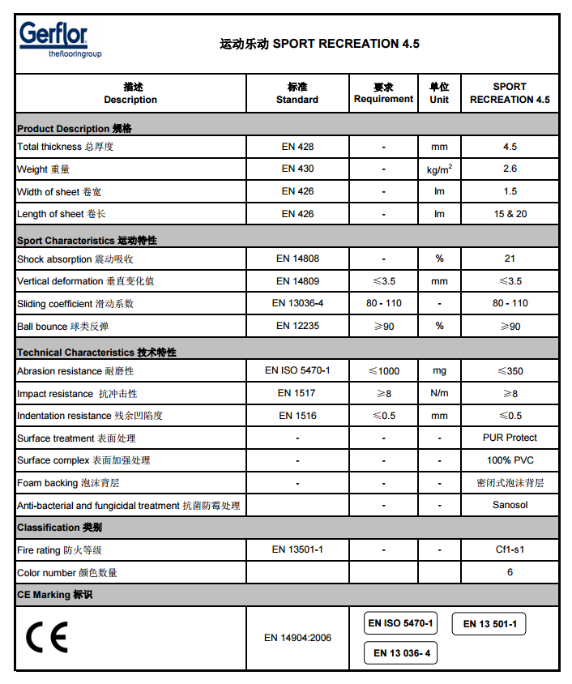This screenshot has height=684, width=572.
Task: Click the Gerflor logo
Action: pyautogui.click(x=53, y=40)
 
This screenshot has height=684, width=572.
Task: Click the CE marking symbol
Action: pyautogui.click(x=47, y=638)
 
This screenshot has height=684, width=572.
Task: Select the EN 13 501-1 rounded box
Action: pyautogui.click(x=494, y=624)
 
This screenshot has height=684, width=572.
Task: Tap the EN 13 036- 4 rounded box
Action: pyautogui.click(x=402, y=652)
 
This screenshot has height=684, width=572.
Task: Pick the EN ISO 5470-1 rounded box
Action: pyautogui.click(x=401, y=623)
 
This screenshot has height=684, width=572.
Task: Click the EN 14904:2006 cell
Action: pyautogui.click(x=297, y=638)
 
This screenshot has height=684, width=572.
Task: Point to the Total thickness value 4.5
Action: pyautogui.click(x=510, y=147)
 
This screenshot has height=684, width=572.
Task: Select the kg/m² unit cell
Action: pyautogui.click(x=439, y=169)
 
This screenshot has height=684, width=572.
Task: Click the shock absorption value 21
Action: pyautogui.click(x=510, y=259)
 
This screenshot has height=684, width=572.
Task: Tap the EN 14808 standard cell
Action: pyautogui.click(x=297, y=259)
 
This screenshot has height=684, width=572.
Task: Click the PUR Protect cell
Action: pyautogui.click(x=510, y=438)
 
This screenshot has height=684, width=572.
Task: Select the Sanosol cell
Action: pyautogui.click(x=510, y=505)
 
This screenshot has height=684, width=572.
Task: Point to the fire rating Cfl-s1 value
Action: pyautogui.click(x=510, y=549)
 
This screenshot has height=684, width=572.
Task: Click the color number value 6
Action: pyautogui.click(x=510, y=572)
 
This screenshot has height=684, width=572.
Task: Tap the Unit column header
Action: pyautogui.click(x=439, y=93)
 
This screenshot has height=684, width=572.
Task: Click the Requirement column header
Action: pyautogui.click(x=383, y=93)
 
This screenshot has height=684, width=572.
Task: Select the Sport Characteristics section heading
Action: pyautogui.click(x=87, y=241)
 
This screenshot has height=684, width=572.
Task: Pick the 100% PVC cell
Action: pyautogui.click(x=510, y=460)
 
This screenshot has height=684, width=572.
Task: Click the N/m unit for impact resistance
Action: pyautogui.click(x=439, y=393)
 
